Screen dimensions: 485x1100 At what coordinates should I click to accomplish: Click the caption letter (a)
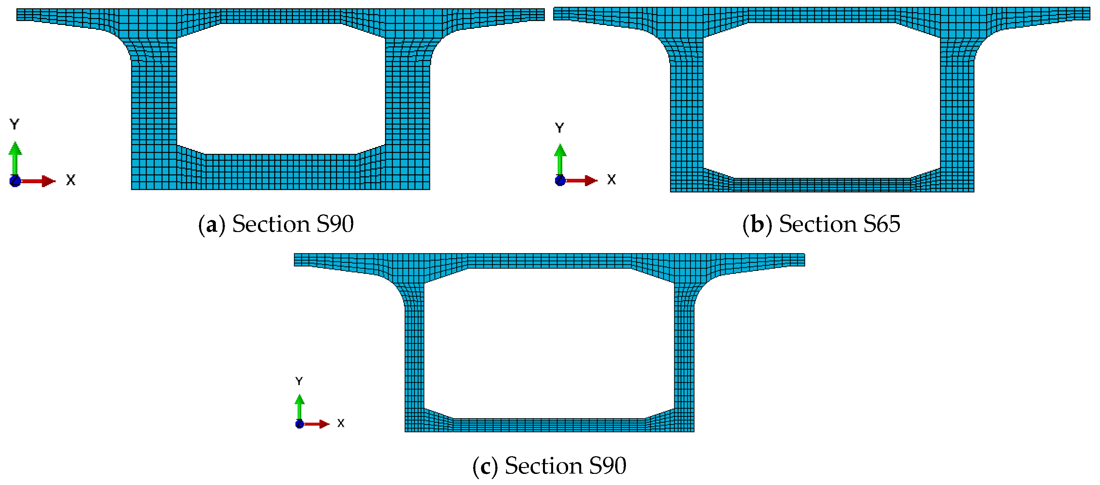211,224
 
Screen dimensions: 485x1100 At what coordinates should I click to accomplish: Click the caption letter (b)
757,224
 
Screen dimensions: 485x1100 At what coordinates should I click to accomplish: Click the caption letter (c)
485,466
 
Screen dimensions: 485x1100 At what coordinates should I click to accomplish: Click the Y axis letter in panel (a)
14,124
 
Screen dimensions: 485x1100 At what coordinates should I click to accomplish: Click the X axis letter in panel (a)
71,180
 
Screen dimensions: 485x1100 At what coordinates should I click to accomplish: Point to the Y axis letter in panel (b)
559,127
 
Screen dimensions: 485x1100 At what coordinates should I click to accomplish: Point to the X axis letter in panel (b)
612,179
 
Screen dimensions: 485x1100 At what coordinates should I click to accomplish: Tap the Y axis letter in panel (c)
299,381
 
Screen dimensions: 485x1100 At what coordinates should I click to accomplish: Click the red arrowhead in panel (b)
591,180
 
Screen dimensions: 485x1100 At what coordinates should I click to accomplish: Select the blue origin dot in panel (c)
300,424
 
